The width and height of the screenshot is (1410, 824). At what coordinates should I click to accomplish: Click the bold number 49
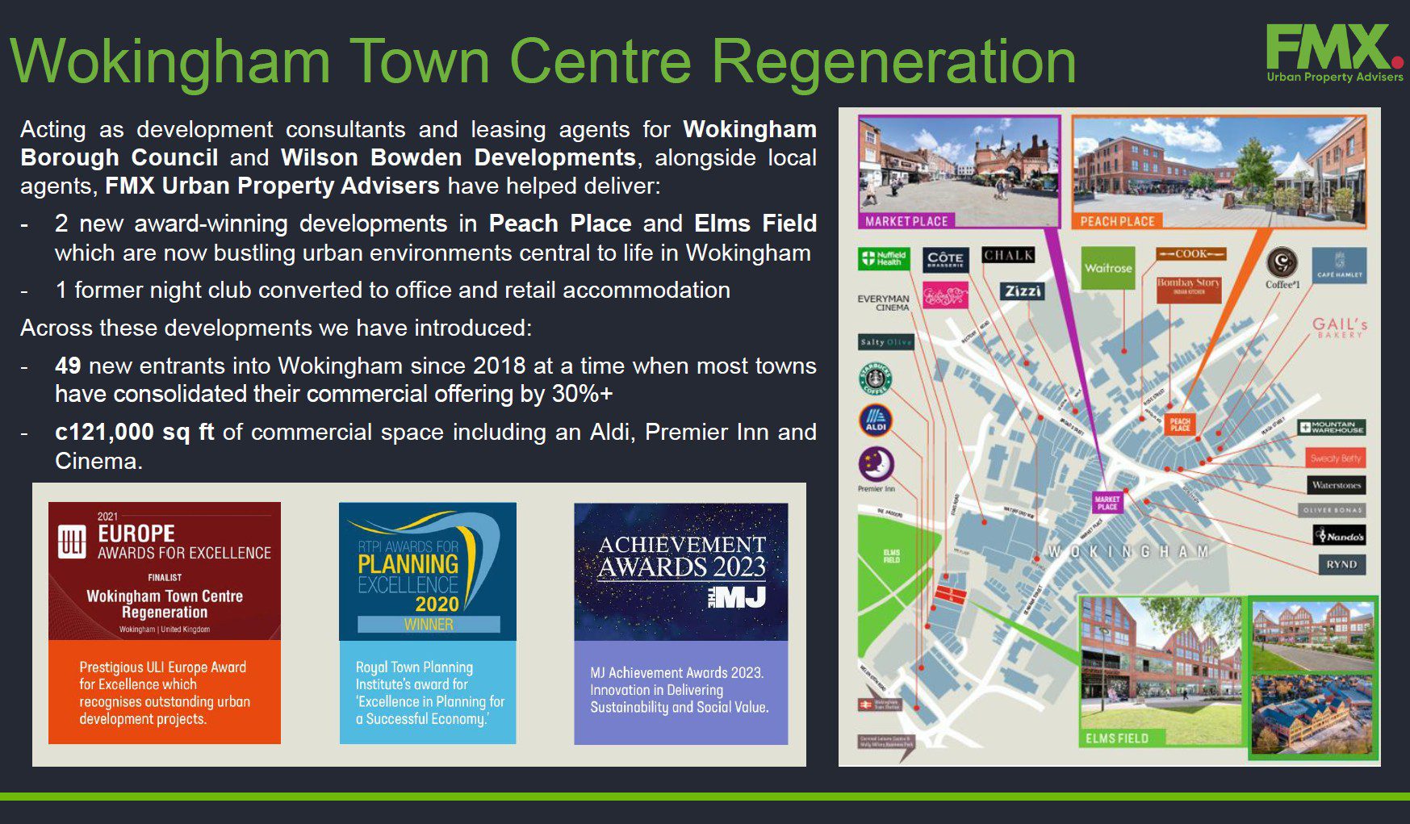pyautogui.click(x=68, y=366)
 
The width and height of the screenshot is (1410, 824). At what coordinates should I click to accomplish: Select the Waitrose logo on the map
pyautogui.click(x=1108, y=268)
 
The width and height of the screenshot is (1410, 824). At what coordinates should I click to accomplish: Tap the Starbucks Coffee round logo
pyautogui.click(x=876, y=379)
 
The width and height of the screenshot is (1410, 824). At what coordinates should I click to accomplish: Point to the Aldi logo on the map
pyautogui.click(x=876, y=420)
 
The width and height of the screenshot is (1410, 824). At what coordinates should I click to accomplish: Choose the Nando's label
pyautogui.click(x=1340, y=536)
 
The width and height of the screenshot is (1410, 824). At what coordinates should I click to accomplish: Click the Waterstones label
pyautogui.click(x=1336, y=485)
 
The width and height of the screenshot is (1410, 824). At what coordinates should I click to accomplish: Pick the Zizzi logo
pyautogui.click(x=1022, y=291)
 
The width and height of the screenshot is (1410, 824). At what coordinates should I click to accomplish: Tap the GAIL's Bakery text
pyautogui.click(x=1339, y=327)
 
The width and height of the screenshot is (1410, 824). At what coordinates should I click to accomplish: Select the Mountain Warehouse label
pyautogui.click(x=1332, y=428)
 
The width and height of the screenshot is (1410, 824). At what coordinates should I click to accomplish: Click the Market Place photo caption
pyautogui.click(x=906, y=221)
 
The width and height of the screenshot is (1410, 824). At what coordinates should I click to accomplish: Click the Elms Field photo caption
pyautogui.click(x=1116, y=738)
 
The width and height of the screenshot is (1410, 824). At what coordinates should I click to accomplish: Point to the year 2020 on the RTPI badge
pyautogui.click(x=437, y=604)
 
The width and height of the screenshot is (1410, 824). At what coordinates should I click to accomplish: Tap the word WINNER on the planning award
pyautogui.click(x=429, y=624)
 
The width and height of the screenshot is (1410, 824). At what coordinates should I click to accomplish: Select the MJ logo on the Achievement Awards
pyautogui.click(x=736, y=597)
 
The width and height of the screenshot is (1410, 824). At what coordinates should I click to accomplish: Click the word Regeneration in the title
pyautogui.click(x=893, y=61)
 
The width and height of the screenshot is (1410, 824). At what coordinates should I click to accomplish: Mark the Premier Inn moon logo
pyautogui.click(x=876, y=464)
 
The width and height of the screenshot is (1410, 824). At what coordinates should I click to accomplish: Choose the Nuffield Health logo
pyautogui.click(x=884, y=259)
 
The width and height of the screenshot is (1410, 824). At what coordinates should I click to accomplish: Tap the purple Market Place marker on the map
pyautogui.click(x=1107, y=503)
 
